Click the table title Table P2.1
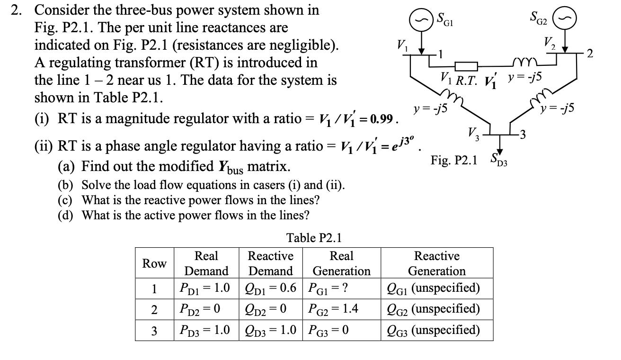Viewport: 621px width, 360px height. [314, 237]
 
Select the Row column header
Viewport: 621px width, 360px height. [154, 263]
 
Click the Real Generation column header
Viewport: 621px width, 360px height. [341, 263]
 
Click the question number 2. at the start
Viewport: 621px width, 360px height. [18, 10]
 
